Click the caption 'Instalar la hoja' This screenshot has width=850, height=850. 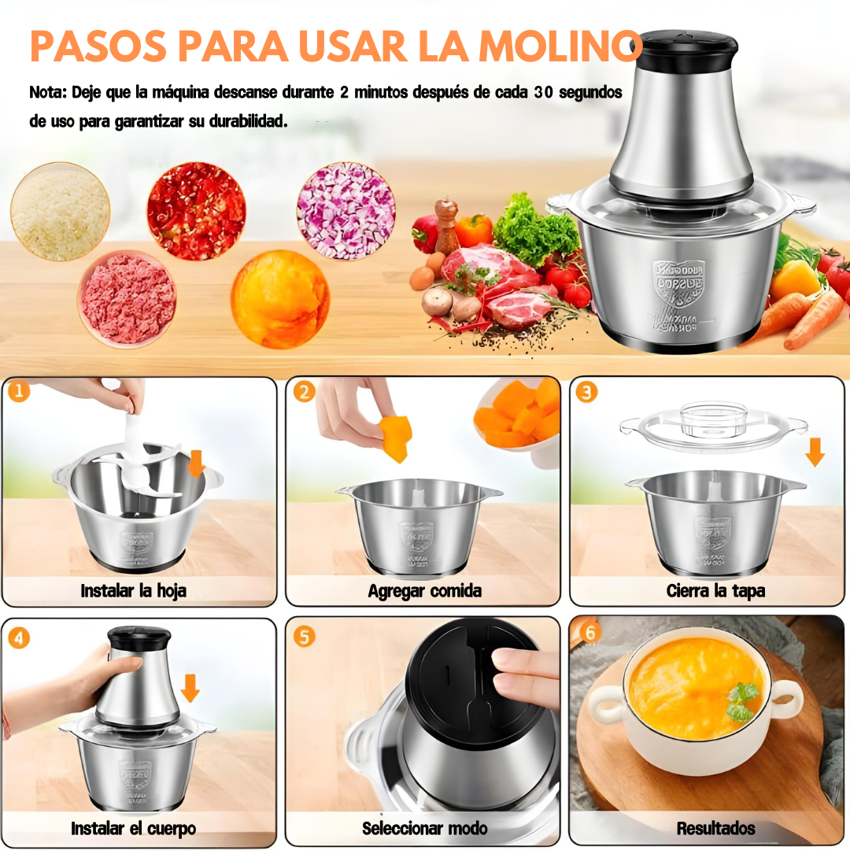(133, 590)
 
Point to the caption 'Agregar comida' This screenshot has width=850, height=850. (424, 590)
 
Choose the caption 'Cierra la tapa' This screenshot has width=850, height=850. (715, 590)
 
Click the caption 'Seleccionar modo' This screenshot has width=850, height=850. (424, 828)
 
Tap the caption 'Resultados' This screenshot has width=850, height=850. (715, 828)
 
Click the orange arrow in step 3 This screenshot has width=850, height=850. (815, 451)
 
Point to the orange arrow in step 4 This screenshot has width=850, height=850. (190, 687)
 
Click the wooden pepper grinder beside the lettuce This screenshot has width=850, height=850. (447, 225)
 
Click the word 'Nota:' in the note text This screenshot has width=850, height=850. (48, 92)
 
